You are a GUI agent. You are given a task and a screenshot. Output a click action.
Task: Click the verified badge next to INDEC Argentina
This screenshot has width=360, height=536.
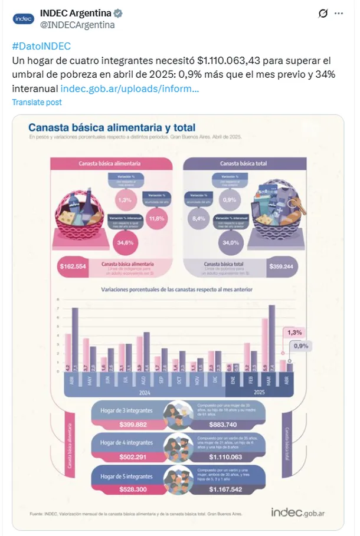(x=119, y=13)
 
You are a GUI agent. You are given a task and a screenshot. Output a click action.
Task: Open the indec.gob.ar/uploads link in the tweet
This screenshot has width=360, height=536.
(x=129, y=89)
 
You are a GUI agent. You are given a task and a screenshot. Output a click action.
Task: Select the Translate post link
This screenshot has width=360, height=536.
(x=37, y=102)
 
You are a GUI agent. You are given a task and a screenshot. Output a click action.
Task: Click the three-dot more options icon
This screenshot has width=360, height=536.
(x=338, y=13)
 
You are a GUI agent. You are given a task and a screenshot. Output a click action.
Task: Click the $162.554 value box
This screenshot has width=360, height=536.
(x=73, y=266)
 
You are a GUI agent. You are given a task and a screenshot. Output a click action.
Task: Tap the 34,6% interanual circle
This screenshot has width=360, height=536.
(x=125, y=242)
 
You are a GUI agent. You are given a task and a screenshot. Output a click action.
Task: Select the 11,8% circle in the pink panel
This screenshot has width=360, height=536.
(x=157, y=218)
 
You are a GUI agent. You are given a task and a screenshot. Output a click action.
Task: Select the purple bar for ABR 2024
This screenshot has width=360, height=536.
(x=75, y=340)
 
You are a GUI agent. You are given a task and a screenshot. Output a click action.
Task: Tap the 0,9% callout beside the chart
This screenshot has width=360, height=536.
(x=302, y=346)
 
